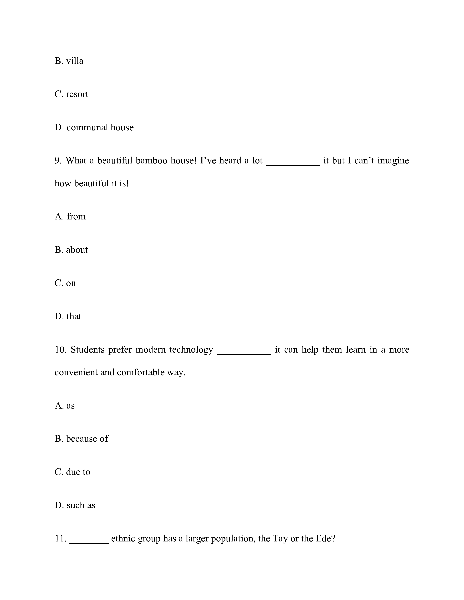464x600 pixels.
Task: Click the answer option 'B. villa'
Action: click(x=69, y=61)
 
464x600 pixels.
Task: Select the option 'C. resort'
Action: click(x=72, y=94)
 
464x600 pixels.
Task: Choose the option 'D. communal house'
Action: click(x=94, y=127)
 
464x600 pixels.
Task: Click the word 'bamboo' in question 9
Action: click(x=151, y=160)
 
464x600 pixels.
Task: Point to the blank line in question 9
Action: click(x=293, y=162)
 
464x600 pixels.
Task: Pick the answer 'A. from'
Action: click(x=70, y=217)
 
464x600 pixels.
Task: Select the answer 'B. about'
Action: click(x=71, y=250)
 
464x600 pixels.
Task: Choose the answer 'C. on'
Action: click(x=65, y=283)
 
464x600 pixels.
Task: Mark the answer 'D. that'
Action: click(x=68, y=316)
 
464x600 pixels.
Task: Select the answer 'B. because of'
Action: click(x=81, y=439)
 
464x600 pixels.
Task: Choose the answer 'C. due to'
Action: click(x=72, y=472)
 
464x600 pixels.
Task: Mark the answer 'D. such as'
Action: click(x=75, y=505)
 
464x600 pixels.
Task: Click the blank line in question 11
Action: click(x=89, y=540)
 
